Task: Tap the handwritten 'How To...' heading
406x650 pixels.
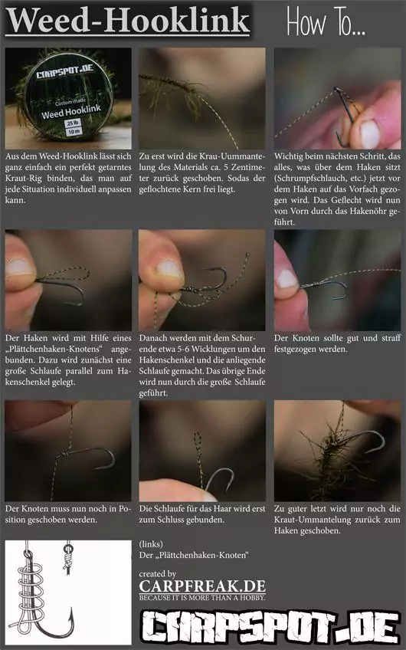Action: pos(326,22)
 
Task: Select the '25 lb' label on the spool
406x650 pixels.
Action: pos(74,123)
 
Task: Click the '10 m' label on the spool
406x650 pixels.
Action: pos(74,132)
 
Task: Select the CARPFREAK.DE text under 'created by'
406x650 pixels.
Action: pos(202,586)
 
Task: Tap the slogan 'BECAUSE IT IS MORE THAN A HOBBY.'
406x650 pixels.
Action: pos(202,597)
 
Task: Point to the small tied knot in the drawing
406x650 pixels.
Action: pos(67,560)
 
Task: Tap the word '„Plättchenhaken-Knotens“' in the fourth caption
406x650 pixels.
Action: pos(54,349)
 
